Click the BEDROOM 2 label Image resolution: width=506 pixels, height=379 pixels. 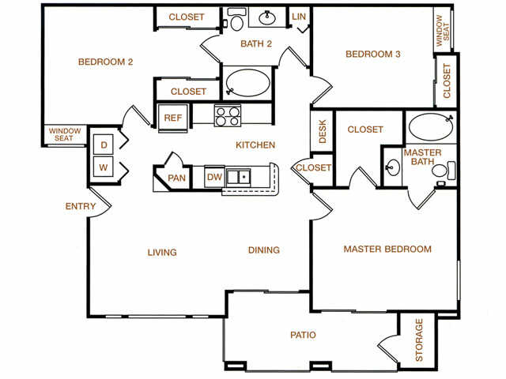[x=105, y=62]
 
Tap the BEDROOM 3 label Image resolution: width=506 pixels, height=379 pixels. [x=373, y=54]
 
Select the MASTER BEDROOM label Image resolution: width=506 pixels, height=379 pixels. [x=387, y=249]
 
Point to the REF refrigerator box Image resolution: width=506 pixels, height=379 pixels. [x=173, y=118]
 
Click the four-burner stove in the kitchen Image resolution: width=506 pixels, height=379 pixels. [x=228, y=115]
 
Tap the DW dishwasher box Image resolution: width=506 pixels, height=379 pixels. [x=214, y=177]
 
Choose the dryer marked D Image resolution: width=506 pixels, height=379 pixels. [x=104, y=144]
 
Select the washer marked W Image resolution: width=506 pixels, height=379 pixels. [x=104, y=167]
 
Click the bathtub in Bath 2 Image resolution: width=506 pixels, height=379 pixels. [x=247, y=82]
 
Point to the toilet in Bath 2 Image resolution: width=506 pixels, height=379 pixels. [x=237, y=20]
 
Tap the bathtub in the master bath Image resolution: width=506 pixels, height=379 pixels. [x=431, y=126]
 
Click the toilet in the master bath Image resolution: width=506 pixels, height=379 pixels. [x=444, y=171]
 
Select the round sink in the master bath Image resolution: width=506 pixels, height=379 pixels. [x=393, y=167]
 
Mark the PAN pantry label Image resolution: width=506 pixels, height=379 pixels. [x=176, y=178]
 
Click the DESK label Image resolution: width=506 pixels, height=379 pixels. [x=323, y=131]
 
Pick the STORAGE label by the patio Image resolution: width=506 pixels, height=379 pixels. [x=418, y=340]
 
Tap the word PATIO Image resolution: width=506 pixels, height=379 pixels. [x=303, y=335]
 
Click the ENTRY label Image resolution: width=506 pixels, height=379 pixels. [x=81, y=206]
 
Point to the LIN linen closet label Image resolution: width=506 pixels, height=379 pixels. [x=299, y=17]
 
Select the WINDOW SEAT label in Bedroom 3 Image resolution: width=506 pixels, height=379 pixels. [x=443, y=31]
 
